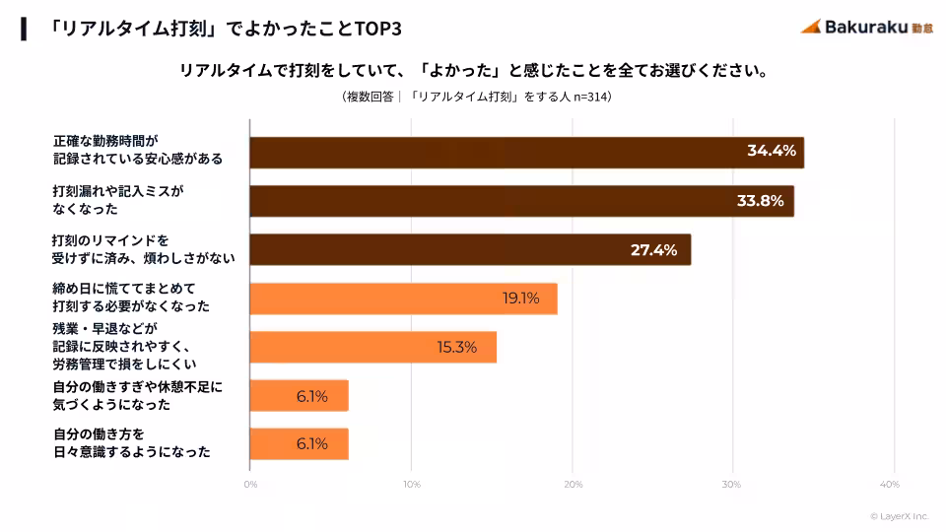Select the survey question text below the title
coord(473,71)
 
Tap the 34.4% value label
coord(771,152)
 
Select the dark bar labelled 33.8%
coord(521,201)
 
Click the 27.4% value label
coord(653,250)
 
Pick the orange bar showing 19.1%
coord(403,299)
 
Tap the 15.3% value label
coord(457,347)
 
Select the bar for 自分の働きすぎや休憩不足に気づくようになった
coord(300,396)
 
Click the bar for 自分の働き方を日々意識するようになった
coord(300,444)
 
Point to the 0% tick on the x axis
coord(250,484)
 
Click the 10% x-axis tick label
coord(412,484)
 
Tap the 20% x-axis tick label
coord(573,484)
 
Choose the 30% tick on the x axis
coord(732,484)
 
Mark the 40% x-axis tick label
coord(890,484)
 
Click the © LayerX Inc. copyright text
coord(899,516)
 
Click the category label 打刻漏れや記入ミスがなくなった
coord(118,201)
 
